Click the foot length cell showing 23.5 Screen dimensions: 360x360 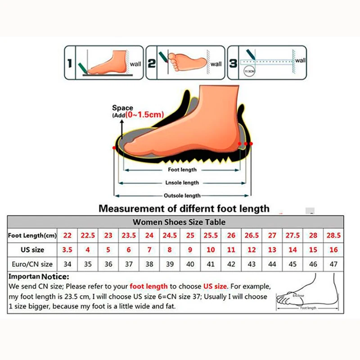(129, 235)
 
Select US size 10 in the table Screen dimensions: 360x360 (210, 250)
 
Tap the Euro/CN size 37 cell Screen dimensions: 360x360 (129, 264)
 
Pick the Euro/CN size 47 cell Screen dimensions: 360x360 (333, 264)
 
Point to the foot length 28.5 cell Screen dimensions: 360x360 (333, 235)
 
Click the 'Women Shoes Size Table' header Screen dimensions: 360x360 (179, 222)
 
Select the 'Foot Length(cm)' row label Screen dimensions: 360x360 (31, 235)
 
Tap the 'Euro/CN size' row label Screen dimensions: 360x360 (31, 264)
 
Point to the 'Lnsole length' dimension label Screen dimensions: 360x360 (182, 183)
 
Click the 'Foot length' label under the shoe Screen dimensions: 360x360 (182, 170)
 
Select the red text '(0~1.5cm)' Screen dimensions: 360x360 (144, 115)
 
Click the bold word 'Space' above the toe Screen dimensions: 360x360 (122, 108)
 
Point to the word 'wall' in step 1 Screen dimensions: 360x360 (135, 64)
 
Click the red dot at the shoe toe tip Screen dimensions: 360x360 (114, 148)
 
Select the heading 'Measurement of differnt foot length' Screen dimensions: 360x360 (184, 208)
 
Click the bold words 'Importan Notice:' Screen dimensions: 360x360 (39, 276)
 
